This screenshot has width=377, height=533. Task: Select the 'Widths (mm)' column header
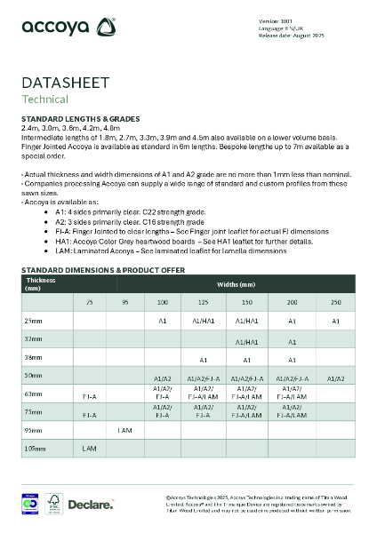click(235, 284)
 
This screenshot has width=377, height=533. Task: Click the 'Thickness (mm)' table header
click(41, 284)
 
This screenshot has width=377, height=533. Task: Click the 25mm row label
click(34, 319)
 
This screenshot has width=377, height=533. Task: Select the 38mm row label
click(34, 360)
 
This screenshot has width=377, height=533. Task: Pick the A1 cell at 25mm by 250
click(336, 319)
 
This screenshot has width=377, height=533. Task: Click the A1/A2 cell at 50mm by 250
click(336, 378)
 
